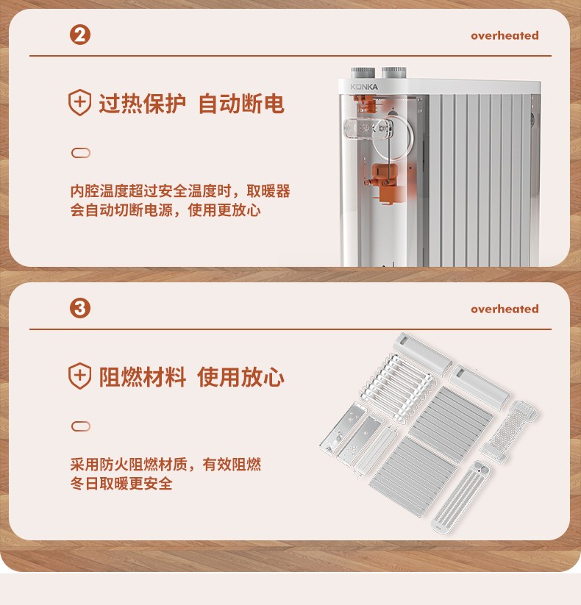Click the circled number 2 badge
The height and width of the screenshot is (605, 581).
(x=80, y=35)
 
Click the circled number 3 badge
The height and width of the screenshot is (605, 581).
(x=80, y=308)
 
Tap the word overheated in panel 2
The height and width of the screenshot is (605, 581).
(x=505, y=35)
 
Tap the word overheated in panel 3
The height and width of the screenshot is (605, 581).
(x=505, y=309)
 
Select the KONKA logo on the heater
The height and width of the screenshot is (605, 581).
(x=364, y=87)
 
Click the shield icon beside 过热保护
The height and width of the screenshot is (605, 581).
(x=80, y=102)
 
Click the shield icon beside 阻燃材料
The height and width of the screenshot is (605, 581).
(x=80, y=376)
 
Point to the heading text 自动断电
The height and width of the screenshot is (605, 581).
(x=241, y=104)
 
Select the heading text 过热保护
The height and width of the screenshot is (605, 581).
(x=143, y=104)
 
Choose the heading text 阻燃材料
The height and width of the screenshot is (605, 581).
(x=143, y=377)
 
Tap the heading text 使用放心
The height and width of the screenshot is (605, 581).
(x=241, y=377)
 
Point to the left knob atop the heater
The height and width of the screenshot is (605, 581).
(x=363, y=73)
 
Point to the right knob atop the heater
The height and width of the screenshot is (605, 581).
(x=393, y=73)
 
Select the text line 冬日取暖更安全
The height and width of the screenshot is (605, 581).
(x=121, y=484)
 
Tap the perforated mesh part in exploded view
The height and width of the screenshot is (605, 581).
(x=509, y=432)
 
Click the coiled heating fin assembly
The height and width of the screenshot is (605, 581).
(x=399, y=386)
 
